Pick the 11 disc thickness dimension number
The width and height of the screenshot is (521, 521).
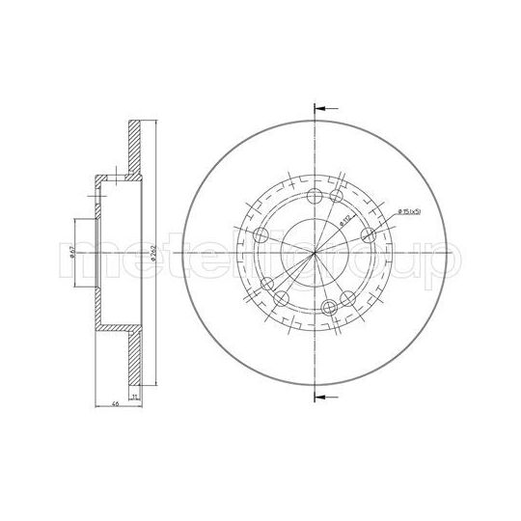(134, 397)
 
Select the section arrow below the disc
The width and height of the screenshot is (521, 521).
(326, 397)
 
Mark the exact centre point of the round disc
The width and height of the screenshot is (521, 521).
(315, 253)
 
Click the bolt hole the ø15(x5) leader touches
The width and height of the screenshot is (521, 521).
(367, 237)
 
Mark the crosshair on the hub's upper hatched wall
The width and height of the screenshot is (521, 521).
(117, 178)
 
